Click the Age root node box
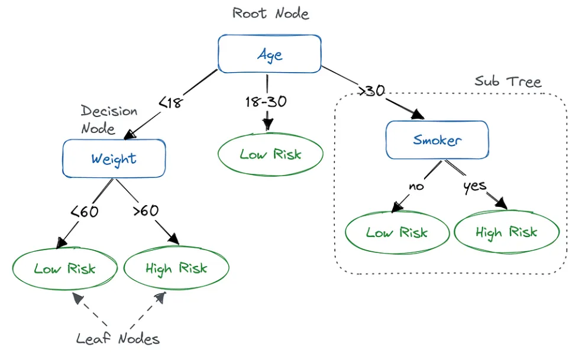[x=270, y=54]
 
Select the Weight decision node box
[x=114, y=158]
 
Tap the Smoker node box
[x=437, y=140]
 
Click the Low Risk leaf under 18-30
[x=270, y=155]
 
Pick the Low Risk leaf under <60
[x=64, y=268]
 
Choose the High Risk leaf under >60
[x=176, y=268]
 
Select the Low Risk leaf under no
[x=396, y=232]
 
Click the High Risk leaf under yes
[x=506, y=232]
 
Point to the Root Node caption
[x=270, y=13]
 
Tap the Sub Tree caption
[x=508, y=82]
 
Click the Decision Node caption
[x=109, y=119]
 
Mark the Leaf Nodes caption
[x=118, y=339]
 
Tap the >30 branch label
[x=371, y=92]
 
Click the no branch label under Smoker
[x=417, y=186]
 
